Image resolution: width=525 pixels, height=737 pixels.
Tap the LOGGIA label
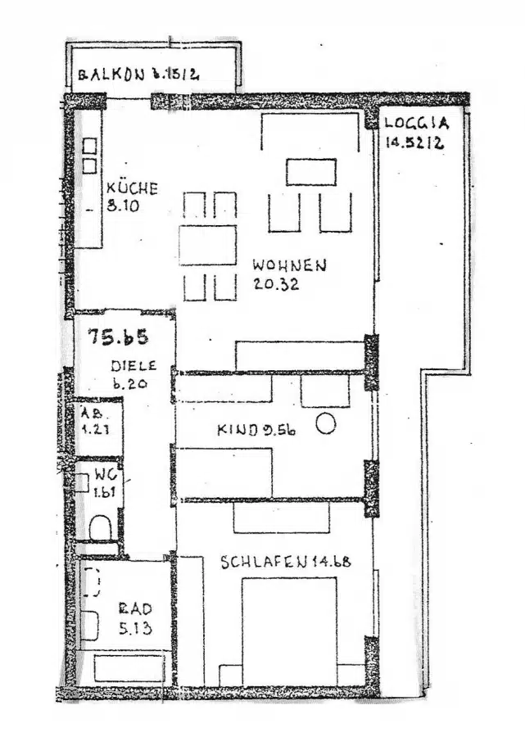pyautogui.click(x=418, y=125)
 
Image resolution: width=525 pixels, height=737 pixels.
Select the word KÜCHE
pyautogui.click(x=132, y=188)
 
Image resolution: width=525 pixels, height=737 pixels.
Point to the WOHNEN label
pyautogui.click(x=290, y=266)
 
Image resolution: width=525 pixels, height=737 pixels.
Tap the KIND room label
pyautogui.click(x=235, y=429)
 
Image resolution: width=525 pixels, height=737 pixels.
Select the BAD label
pyautogui.click(x=134, y=609)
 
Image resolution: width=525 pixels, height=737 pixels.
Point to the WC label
pyautogui.click(x=104, y=475)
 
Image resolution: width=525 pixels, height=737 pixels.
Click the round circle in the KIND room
pyautogui.click(x=326, y=424)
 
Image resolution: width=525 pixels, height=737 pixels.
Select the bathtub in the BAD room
pyautogui.click(x=129, y=667)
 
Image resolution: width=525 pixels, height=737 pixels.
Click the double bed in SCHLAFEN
pyautogui.click(x=289, y=631)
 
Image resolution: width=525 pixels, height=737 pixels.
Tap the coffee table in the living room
pyautogui.click(x=311, y=172)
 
